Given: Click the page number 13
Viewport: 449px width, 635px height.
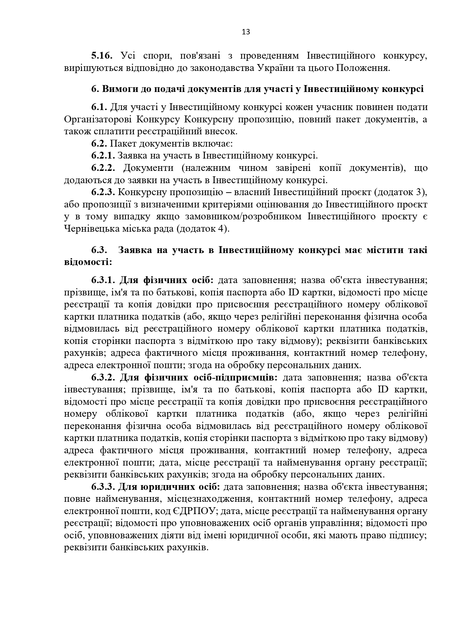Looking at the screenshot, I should pos(246,32).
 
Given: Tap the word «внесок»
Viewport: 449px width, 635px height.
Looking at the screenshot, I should pos(224,131).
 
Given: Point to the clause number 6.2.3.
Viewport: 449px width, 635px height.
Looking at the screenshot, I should pos(103,192).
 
